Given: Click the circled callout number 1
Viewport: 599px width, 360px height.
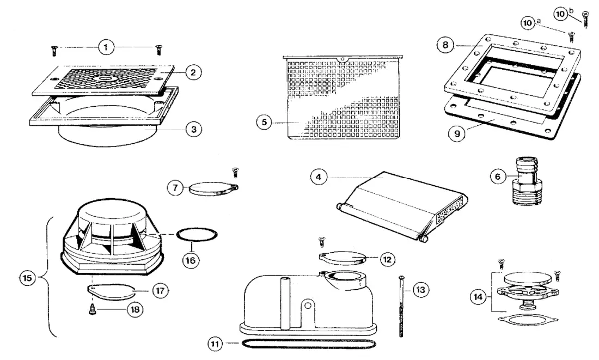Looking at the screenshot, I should [106, 47].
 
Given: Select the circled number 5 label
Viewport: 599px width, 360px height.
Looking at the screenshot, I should [264, 123].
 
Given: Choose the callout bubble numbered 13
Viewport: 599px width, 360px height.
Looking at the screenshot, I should [420, 290].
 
